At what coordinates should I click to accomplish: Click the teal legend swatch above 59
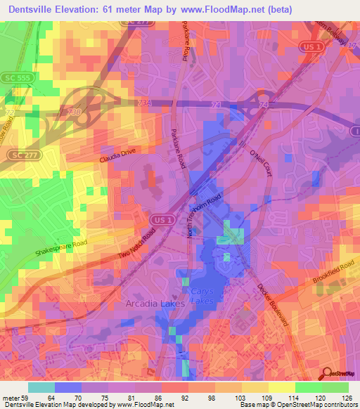pyautogui.click(x=41, y=387)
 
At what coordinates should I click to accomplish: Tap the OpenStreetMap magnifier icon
pyautogui.click(x=328, y=374)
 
